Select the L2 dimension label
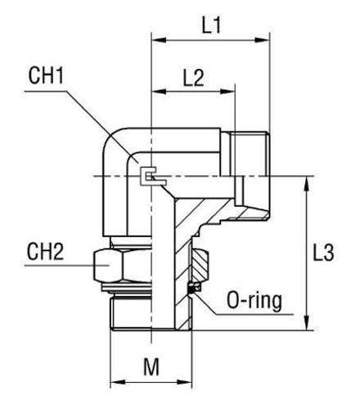click(193, 78)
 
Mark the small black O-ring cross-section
click(197, 287)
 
